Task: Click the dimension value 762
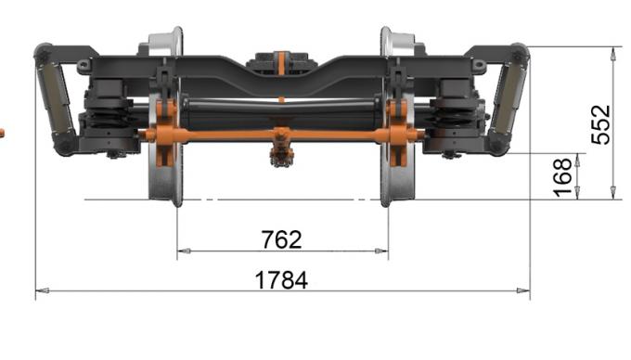coord(281,239)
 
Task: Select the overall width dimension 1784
coord(281,279)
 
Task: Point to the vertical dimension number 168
coord(562,176)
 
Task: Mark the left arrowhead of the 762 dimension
coord(182,251)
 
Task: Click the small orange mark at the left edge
coord(1,134)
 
